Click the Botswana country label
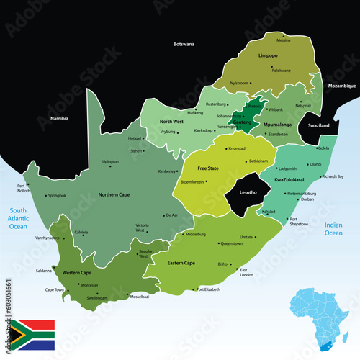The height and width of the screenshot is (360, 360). tap(184, 44)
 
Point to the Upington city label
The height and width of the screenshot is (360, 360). tap(110, 161)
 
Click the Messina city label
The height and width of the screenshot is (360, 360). tap(284, 40)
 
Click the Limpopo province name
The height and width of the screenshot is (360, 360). tap(268, 55)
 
